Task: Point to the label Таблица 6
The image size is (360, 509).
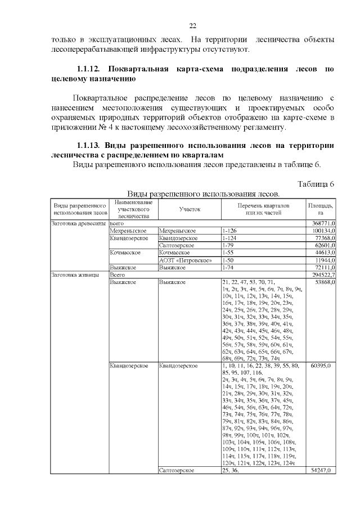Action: [x=316, y=184]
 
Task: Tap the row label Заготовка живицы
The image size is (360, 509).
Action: [x=75, y=275]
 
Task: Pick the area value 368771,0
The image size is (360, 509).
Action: [x=321, y=223]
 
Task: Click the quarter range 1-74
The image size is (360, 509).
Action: [x=228, y=268]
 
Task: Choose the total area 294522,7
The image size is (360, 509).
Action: [x=321, y=275]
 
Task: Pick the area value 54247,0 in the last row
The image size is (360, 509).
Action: [x=320, y=470]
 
